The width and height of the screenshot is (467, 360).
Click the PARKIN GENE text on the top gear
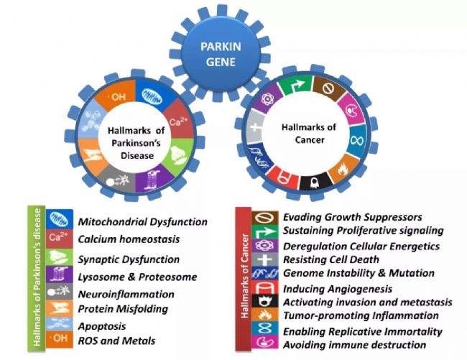221,54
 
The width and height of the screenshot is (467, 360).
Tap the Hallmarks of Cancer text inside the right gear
309,134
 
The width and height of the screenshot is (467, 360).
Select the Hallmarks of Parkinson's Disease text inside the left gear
137,143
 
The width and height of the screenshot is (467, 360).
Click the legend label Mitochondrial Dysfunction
143,222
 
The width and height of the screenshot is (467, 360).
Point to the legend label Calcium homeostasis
129,239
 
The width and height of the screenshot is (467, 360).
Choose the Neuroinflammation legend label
126,294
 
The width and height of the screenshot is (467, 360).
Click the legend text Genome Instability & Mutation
359,273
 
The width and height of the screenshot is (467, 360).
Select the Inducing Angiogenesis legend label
338,289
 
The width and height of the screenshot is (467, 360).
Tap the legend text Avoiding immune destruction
354,345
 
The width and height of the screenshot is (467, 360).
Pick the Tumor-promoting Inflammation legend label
361,315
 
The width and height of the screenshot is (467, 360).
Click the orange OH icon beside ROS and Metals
60,339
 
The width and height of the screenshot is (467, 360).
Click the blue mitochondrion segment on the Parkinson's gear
152,95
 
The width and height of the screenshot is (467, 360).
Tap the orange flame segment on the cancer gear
343,169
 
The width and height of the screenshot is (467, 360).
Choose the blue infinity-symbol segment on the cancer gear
357,139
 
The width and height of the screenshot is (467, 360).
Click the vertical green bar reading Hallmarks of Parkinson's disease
37,279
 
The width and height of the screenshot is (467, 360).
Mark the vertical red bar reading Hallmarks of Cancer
244,279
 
